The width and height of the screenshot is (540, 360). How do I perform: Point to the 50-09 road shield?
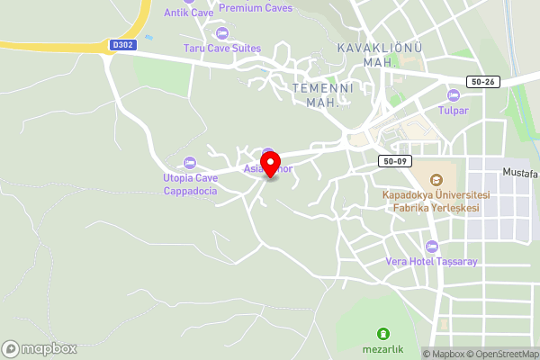coord(394,161)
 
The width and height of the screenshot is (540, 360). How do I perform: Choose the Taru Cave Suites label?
coord(221,48)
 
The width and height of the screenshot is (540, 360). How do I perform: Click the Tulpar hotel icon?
coord(453,95)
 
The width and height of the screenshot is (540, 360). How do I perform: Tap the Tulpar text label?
coord(453,110)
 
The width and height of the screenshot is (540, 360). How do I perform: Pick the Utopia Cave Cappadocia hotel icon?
coord(189,163)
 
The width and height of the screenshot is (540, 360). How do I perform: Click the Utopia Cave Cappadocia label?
coord(189,184)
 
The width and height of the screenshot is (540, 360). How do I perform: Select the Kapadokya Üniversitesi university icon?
coord(436,179)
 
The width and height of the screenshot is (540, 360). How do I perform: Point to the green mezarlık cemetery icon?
coord(384,334)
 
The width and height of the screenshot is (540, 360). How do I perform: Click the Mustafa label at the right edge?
coord(520,172)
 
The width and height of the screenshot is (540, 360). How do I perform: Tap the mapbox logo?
coord(40,348)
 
